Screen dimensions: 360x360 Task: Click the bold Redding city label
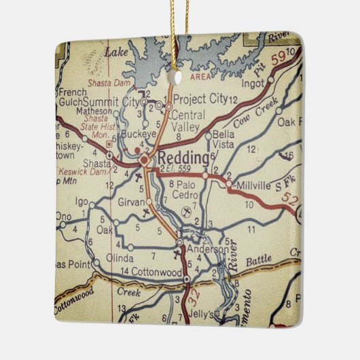pos(180,158)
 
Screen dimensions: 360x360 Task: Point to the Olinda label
pos(120,258)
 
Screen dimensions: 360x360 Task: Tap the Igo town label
pos(82,202)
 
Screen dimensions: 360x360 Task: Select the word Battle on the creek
pos(258,260)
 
